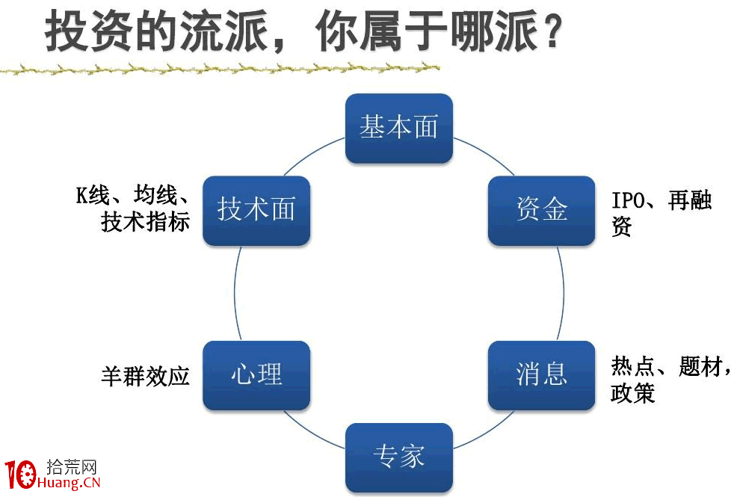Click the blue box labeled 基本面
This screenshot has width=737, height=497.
[x=398, y=128]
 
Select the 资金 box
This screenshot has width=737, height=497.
[x=541, y=210]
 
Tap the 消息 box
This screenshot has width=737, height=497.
[x=541, y=374]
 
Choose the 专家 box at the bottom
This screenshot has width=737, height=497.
[x=398, y=457]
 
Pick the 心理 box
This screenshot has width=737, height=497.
[x=256, y=374]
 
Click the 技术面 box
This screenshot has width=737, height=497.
[x=256, y=210]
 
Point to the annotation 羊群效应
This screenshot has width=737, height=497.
[x=145, y=375]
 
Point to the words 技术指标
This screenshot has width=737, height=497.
[x=145, y=222]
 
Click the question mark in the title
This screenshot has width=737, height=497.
[x=551, y=33]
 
